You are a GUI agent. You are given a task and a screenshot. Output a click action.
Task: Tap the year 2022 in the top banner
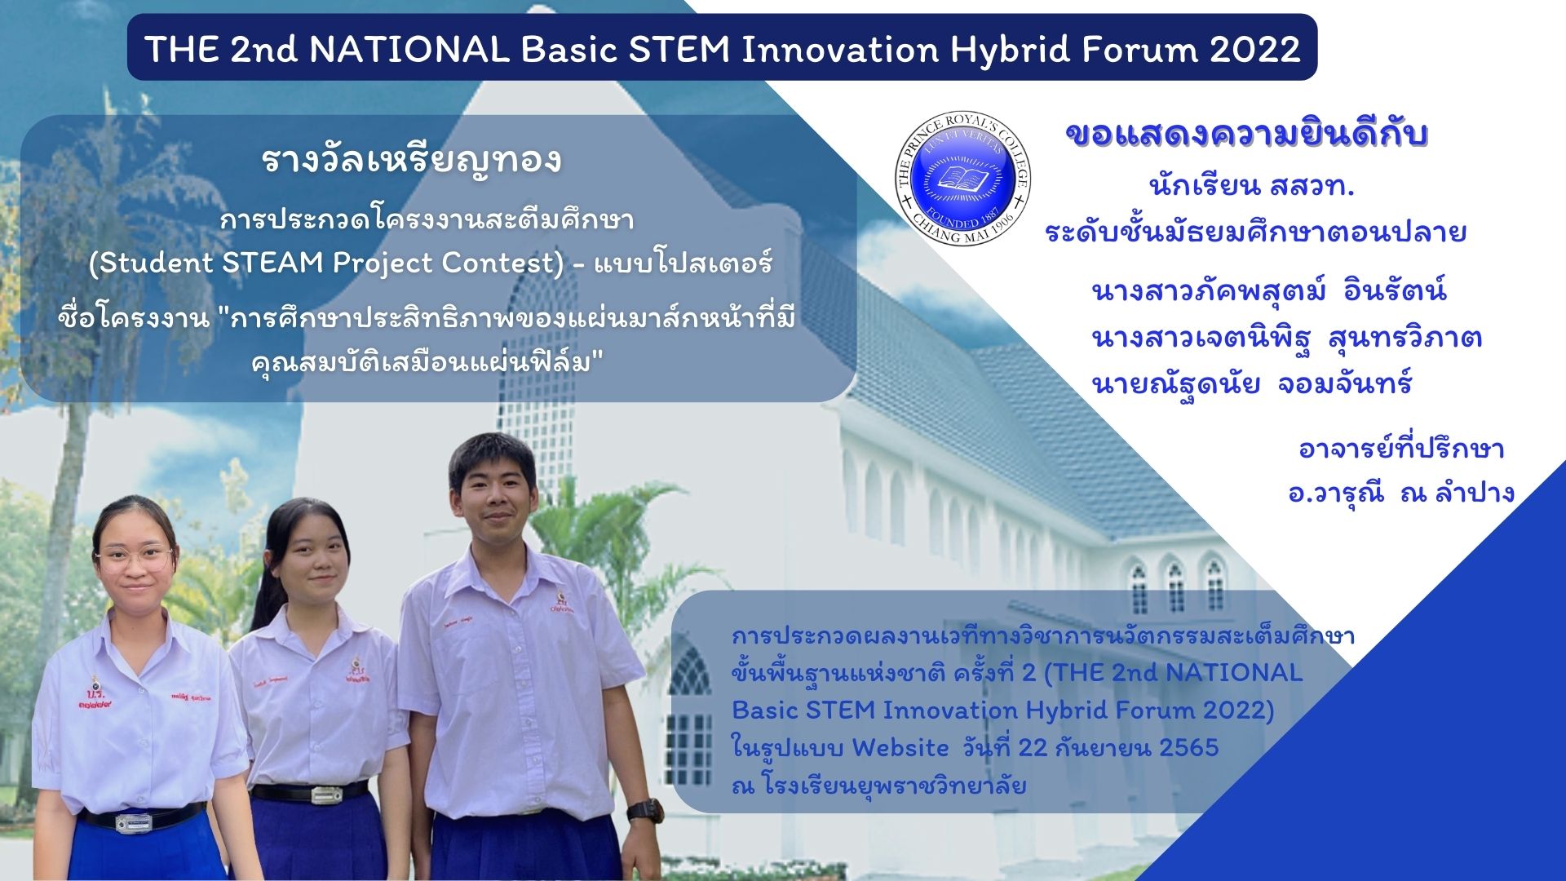[x=1255, y=49]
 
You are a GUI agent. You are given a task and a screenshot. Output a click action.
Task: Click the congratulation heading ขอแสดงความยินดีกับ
[x=1246, y=136]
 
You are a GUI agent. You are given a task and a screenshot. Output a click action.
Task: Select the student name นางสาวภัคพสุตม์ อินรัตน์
[x=1268, y=291]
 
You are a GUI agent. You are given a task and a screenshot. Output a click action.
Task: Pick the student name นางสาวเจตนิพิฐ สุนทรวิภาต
[x=1286, y=337]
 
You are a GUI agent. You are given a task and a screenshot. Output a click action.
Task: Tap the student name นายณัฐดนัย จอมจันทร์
[x=1251, y=383]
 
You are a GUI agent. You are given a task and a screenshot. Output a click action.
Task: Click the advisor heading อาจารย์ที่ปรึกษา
[x=1400, y=449]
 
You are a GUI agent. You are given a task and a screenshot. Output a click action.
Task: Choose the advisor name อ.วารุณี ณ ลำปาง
[x=1400, y=493]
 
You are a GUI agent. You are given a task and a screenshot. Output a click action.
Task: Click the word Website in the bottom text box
[x=900, y=747]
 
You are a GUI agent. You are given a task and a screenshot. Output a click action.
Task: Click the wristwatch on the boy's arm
[x=644, y=810]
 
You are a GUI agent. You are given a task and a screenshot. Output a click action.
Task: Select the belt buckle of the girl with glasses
[x=134, y=821]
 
